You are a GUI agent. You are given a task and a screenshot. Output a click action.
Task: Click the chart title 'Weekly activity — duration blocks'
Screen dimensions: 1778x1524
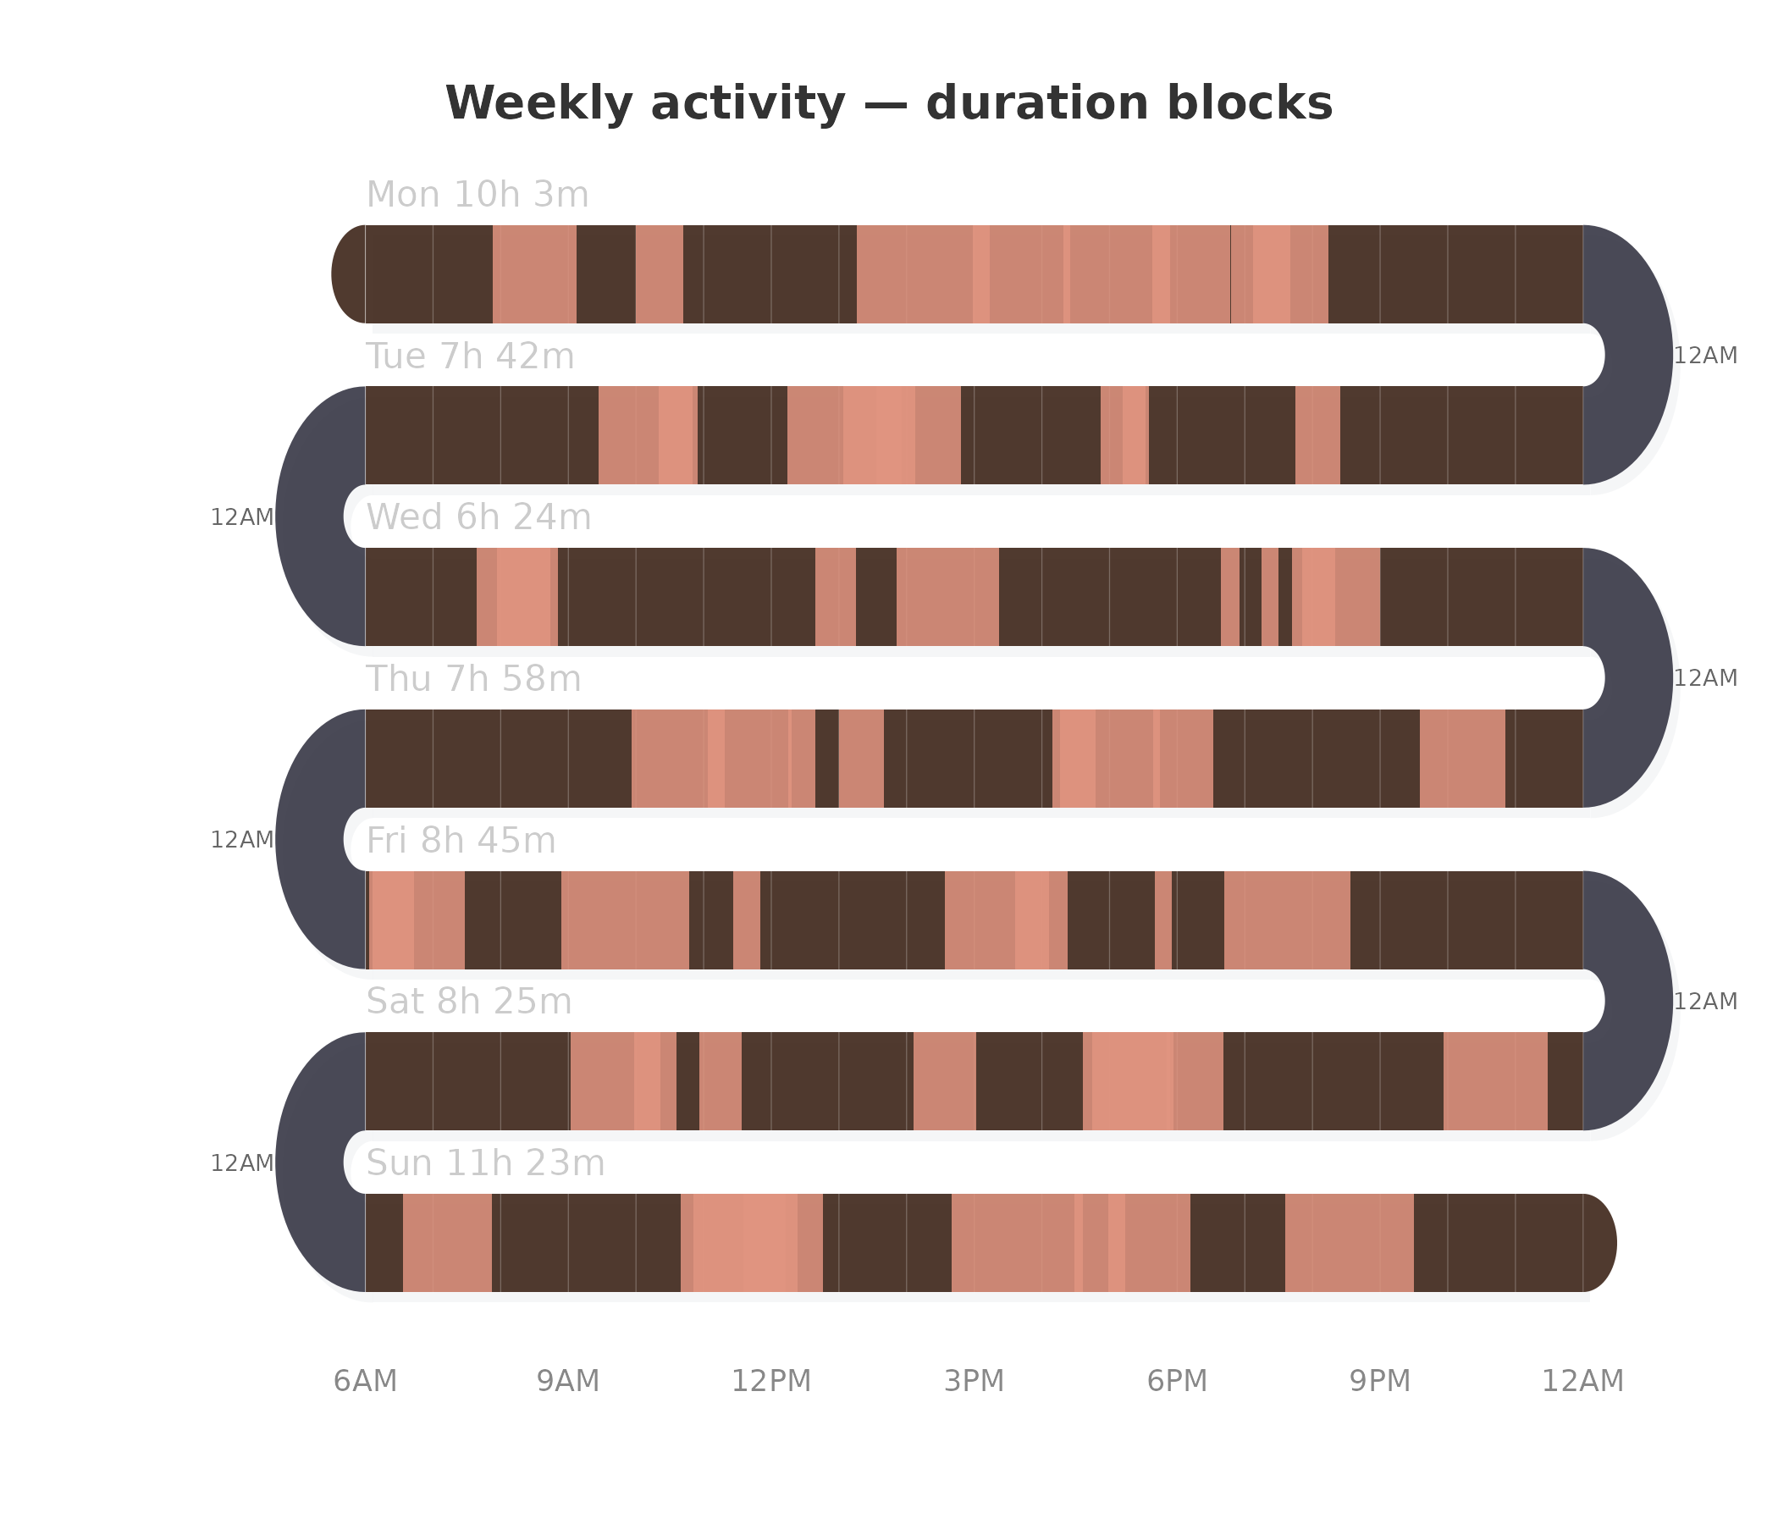888,104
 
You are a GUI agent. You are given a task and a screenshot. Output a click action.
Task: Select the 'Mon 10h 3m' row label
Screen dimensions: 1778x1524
478,195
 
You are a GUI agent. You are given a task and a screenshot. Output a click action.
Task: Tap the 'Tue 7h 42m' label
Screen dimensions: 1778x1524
470,356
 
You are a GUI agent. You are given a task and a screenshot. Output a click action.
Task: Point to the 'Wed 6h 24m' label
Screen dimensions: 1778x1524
479,517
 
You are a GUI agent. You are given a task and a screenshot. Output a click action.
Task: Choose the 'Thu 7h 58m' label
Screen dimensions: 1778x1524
473,680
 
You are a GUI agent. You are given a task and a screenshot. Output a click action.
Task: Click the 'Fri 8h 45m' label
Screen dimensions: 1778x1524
461,841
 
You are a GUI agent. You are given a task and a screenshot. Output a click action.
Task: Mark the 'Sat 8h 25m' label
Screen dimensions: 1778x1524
468,1002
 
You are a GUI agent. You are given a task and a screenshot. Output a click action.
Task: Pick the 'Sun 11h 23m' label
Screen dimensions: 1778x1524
486,1163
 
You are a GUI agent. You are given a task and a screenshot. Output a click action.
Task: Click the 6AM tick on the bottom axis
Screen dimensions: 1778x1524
366,1382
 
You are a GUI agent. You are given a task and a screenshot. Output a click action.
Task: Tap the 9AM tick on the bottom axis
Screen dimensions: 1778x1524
568,1382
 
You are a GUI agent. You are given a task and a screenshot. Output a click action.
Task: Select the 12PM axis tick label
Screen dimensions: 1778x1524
771,1382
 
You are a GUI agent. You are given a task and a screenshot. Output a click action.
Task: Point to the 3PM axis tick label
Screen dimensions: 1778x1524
974,1382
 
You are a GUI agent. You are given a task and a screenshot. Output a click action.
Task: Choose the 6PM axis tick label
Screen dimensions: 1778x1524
1178,1382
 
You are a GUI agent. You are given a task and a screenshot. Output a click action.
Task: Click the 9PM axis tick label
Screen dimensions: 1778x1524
1380,1382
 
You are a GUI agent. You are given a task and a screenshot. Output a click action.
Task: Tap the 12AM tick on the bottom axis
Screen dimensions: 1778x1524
1583,1382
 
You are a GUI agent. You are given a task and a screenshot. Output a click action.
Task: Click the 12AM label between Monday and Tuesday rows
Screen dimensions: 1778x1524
1706,356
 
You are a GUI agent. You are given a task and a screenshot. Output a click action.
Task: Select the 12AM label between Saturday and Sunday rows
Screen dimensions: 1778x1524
242,1163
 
